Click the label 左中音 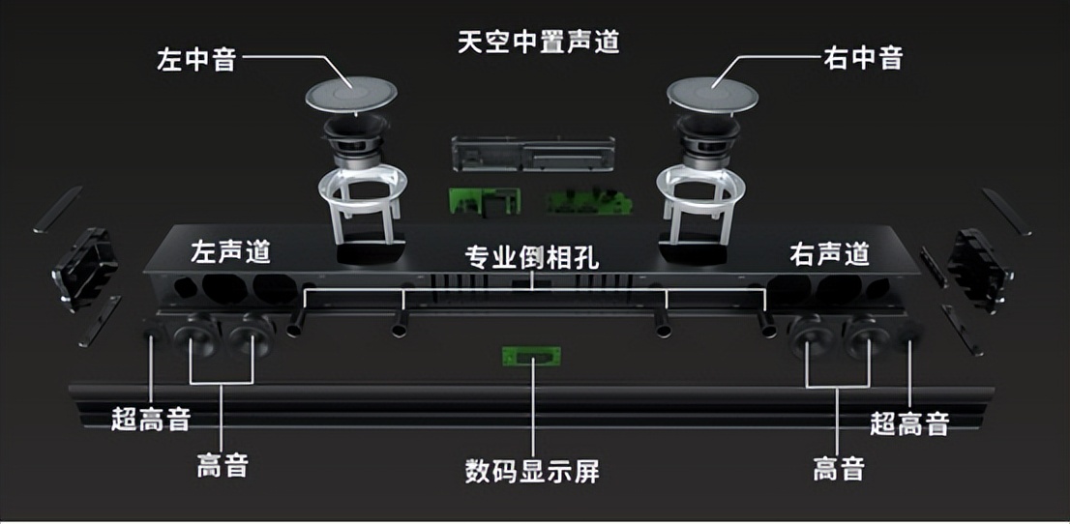[x=196, y=59]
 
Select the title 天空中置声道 [x=538, y=43]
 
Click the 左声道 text [x=230, y=253]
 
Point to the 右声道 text [x=829, y=254]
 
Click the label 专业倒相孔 [x=533, y=258]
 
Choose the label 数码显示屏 [x=533, y=473]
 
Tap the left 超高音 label [x=150, y=420]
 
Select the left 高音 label [x=223, y=466]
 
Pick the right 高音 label [x=838, y=470]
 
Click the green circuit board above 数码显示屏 [x=527, y=356]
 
